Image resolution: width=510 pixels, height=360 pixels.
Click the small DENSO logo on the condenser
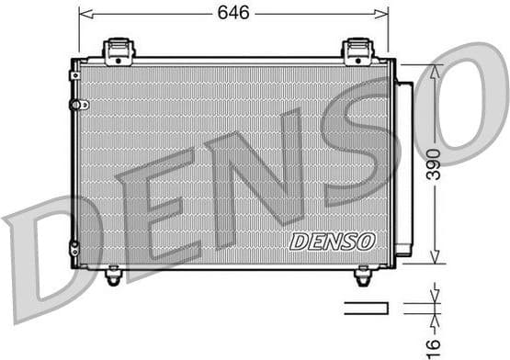332,241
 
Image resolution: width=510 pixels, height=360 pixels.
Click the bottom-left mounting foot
114,275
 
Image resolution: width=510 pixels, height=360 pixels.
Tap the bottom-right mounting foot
362,275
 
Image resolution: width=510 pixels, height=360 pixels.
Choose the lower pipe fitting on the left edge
76,247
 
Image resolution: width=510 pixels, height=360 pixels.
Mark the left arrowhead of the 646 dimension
83,13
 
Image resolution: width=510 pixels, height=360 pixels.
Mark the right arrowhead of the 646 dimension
383,13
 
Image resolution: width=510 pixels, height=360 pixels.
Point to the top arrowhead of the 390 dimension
434,68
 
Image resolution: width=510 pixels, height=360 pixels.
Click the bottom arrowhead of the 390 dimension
434,260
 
